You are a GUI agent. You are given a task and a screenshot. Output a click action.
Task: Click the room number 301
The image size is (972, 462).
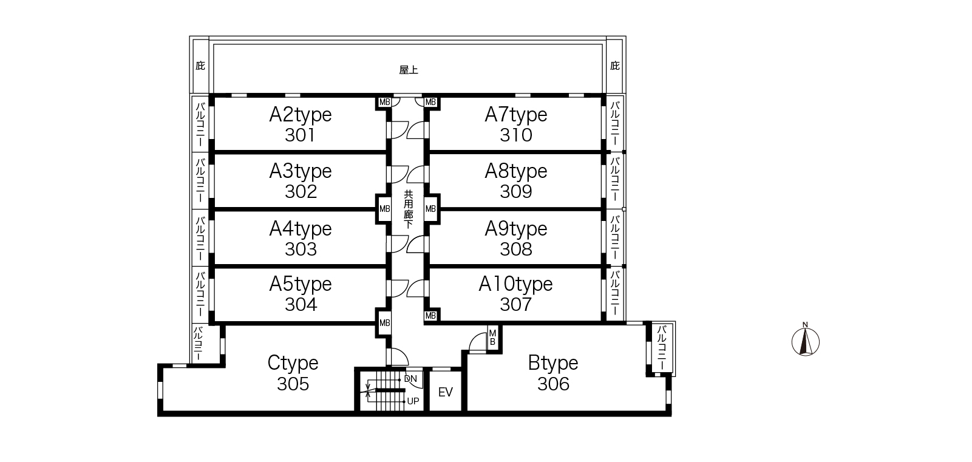click(300, 135)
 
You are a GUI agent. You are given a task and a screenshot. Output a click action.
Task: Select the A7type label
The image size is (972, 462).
click(516, 115)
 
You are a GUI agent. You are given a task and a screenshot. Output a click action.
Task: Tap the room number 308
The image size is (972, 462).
click(516, 249)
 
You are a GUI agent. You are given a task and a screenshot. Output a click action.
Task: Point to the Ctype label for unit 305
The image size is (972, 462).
click(293, 363)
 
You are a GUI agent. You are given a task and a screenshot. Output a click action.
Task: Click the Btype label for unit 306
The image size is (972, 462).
click(553, 363)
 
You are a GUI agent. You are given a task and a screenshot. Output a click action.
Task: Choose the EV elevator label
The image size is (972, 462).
click(446, 392)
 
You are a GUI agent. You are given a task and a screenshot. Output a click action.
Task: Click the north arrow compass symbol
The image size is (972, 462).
click(806, 339)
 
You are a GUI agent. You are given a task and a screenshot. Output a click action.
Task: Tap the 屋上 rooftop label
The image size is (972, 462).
click(409, 70)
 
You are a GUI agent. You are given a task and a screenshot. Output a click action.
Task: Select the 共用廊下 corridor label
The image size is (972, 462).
click(409, 209)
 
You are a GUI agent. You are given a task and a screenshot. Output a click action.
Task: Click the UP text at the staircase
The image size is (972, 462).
click(413, 401)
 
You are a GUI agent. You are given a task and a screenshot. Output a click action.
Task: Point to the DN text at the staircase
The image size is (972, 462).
click(410, 379)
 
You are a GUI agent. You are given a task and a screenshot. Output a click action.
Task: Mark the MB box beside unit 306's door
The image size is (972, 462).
click(492, 338)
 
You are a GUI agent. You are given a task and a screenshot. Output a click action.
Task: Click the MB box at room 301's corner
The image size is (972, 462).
click(384, 103)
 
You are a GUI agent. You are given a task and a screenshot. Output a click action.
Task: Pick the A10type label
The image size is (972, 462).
click(515, 284)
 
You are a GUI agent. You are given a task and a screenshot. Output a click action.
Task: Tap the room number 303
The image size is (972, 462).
click(301, 249)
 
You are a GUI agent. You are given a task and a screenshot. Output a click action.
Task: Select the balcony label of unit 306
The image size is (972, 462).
click(661, 348)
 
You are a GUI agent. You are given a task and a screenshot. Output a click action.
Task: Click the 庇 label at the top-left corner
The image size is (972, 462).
click(200, 66)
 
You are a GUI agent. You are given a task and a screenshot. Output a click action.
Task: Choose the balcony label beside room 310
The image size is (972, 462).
click(615, 124)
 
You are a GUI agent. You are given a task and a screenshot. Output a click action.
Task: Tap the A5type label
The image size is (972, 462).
click(301, 284)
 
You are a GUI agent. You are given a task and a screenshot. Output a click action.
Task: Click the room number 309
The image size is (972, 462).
click(516, 191)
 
